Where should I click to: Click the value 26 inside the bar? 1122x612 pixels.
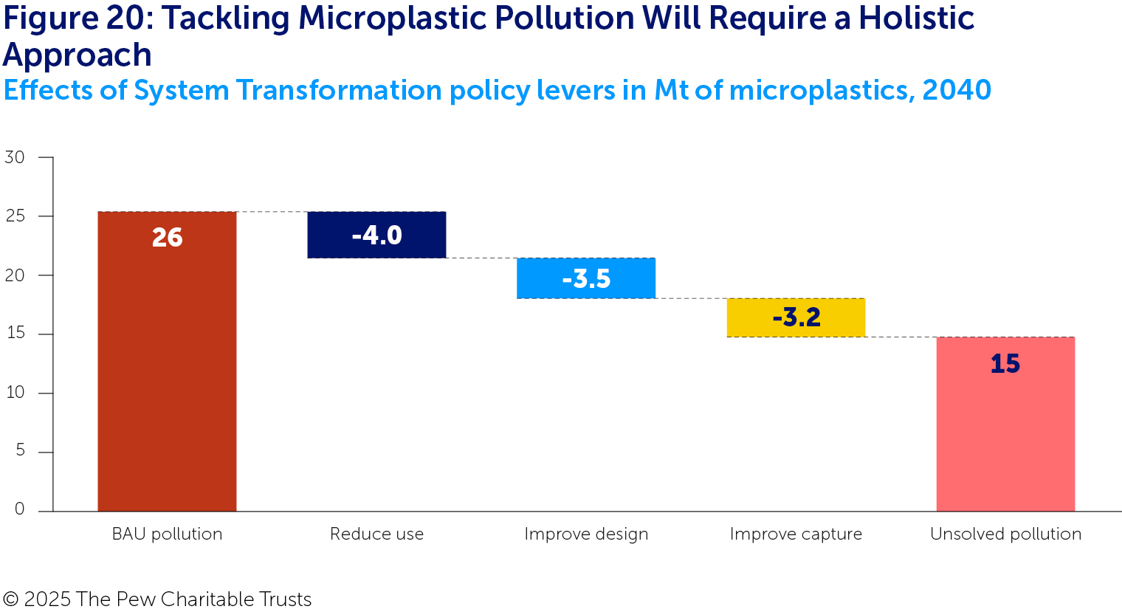167,238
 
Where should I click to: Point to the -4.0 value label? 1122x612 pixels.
376,235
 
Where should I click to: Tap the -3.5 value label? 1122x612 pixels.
586,279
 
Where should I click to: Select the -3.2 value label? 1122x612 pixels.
796,317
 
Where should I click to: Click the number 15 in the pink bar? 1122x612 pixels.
1005,364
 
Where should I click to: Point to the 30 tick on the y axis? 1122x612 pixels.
15,157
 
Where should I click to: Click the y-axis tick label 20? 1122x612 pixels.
15,275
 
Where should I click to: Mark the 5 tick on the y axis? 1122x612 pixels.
20,451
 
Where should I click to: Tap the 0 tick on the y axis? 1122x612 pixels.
20,509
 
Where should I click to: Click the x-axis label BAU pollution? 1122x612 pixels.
167,534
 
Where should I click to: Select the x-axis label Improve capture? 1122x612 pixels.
796,534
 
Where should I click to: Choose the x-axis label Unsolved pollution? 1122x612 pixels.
1005,534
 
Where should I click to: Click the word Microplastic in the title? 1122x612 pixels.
399,18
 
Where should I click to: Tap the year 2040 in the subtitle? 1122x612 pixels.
956,90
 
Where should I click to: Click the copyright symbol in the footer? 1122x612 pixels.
10,599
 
